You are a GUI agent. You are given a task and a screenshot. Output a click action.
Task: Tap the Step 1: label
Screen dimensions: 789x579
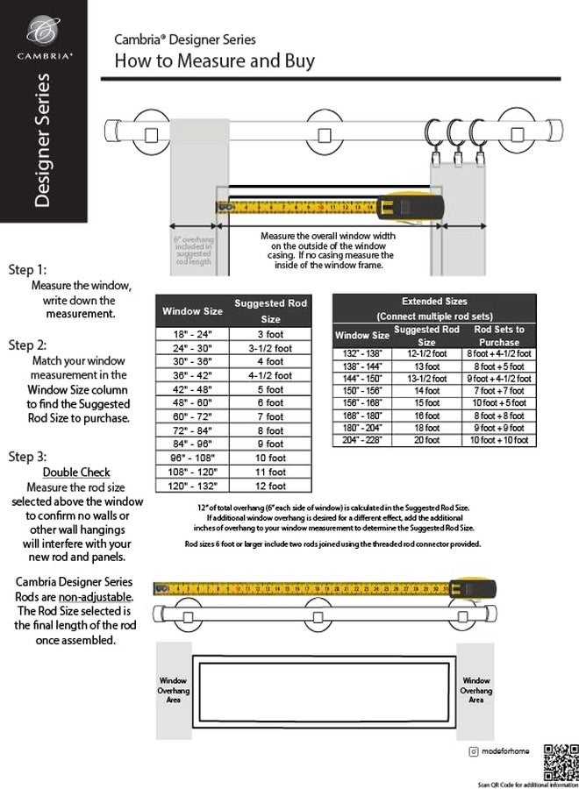(27, 270)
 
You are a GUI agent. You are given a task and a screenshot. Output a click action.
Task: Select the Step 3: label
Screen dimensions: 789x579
(27, 457)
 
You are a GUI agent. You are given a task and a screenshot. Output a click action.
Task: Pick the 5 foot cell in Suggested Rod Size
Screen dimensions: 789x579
(270, 389)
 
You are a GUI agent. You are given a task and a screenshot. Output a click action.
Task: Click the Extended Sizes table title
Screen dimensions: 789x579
(434, 301)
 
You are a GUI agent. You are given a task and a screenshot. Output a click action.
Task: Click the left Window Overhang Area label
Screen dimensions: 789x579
(173, 690)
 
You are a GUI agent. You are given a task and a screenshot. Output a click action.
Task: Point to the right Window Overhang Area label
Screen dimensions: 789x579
(476, 690)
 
